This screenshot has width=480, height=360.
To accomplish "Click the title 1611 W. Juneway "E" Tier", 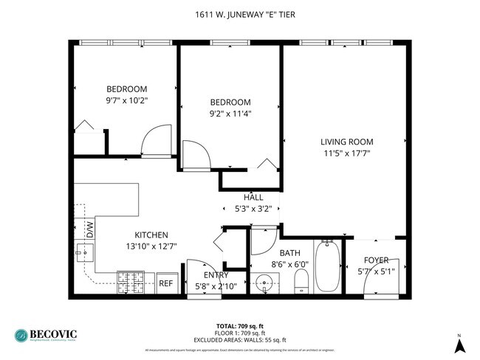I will [239, 13].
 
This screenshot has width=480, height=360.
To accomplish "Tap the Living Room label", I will [346, 142].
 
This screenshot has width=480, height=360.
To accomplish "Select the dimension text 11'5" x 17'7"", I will [346, 153].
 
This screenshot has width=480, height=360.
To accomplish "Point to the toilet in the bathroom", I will [301, 282].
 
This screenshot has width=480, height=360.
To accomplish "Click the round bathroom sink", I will [265, 283].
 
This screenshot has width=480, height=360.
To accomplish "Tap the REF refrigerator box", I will [166, 283].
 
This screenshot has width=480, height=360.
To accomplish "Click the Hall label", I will [253, 197].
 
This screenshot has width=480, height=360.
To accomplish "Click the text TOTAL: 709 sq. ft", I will [240, 325].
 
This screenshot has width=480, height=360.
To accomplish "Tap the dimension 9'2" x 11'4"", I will [230, 114].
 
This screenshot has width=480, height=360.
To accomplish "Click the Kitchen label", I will [140, 235].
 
